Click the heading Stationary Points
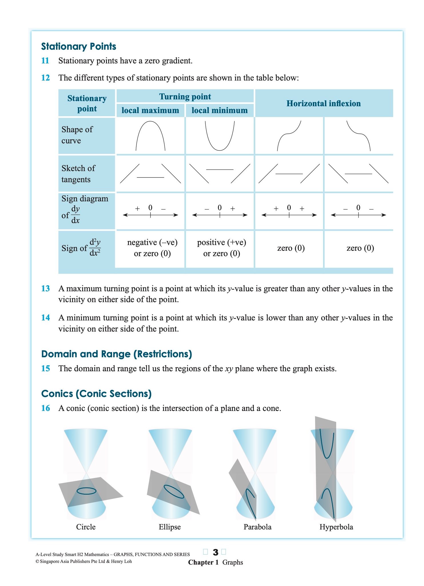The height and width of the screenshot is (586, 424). pos(78,46)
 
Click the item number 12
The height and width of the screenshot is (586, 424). pos(45,78)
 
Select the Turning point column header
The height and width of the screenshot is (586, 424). pos(185,97)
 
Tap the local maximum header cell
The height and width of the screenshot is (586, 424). pos(150,110)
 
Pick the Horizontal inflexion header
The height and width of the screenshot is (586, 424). pos(323,103)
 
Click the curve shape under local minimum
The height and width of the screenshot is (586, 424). pos(220,136)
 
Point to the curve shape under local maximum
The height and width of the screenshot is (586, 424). pos(150,135)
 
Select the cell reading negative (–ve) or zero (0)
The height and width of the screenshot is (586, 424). pos(152,248)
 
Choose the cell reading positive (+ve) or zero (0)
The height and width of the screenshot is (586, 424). pos(222,248)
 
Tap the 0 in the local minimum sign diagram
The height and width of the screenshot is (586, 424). pos(220,208)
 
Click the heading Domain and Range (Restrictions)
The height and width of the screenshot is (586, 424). pos(116,354)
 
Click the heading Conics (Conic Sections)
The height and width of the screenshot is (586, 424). pos(96,394)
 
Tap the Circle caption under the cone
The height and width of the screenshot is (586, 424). pos(86,527)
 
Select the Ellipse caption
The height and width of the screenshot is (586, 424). pos(170,527)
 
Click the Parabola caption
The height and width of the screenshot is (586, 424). pos(257,527)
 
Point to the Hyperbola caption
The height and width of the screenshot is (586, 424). pos(336,527)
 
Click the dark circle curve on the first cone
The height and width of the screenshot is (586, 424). pos(86,491)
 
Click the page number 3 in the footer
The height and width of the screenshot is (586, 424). pos(216,552)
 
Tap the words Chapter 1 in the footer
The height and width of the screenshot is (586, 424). pos(203,562)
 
